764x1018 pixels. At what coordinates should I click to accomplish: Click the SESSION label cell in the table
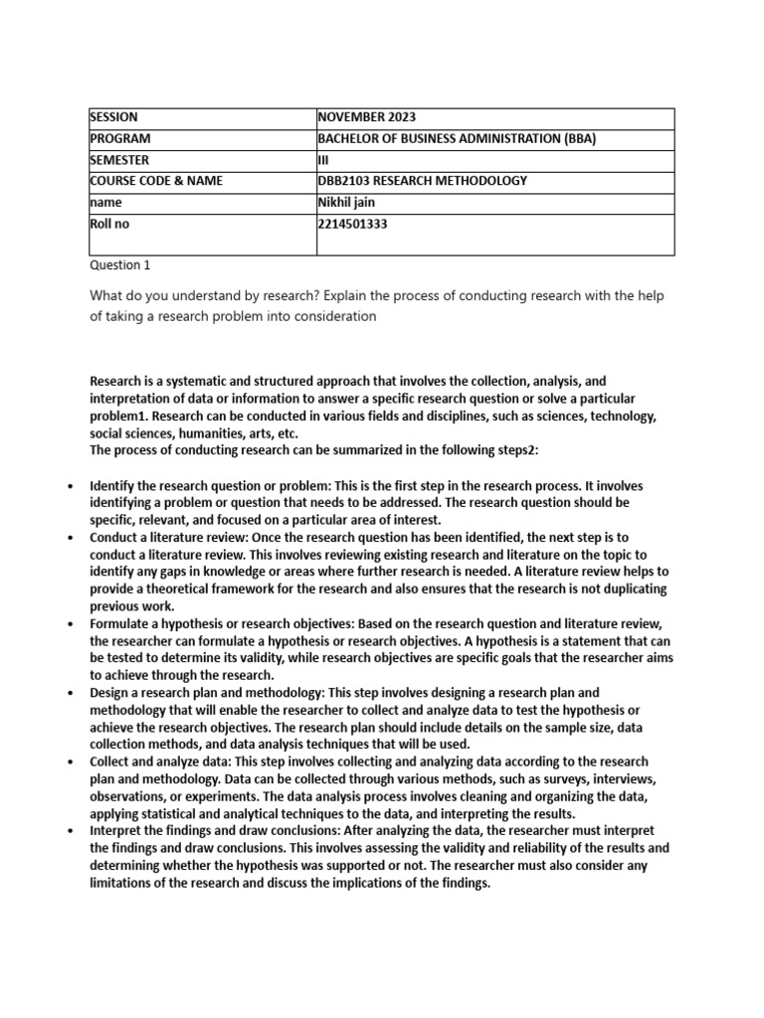pyautogui.click(x=114, y=117)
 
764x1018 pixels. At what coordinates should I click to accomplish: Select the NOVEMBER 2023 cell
pyautogui.click(x=362, y=117)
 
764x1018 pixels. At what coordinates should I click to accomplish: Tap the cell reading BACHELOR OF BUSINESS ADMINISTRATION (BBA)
pyautogui.click(x=457, y=139)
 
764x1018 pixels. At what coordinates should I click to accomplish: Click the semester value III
pyautogui.click(x=322, y=160)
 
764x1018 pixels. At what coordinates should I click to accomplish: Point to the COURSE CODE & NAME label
pyautogui.click(x=156, y=181)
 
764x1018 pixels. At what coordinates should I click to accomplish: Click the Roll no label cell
pyautogui.click(x=109, y=224)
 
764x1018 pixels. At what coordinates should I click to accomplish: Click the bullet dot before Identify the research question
pyautogui.click(x=69, y=487)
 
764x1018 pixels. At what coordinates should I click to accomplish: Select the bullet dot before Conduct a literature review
pyautogui.click(x=69, y=538)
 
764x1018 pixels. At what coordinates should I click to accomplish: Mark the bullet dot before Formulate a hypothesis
pyautogui.click(x=69, y=623)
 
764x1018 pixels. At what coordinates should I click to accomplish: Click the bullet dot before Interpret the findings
pyautogui.click(x=69, y=832)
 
